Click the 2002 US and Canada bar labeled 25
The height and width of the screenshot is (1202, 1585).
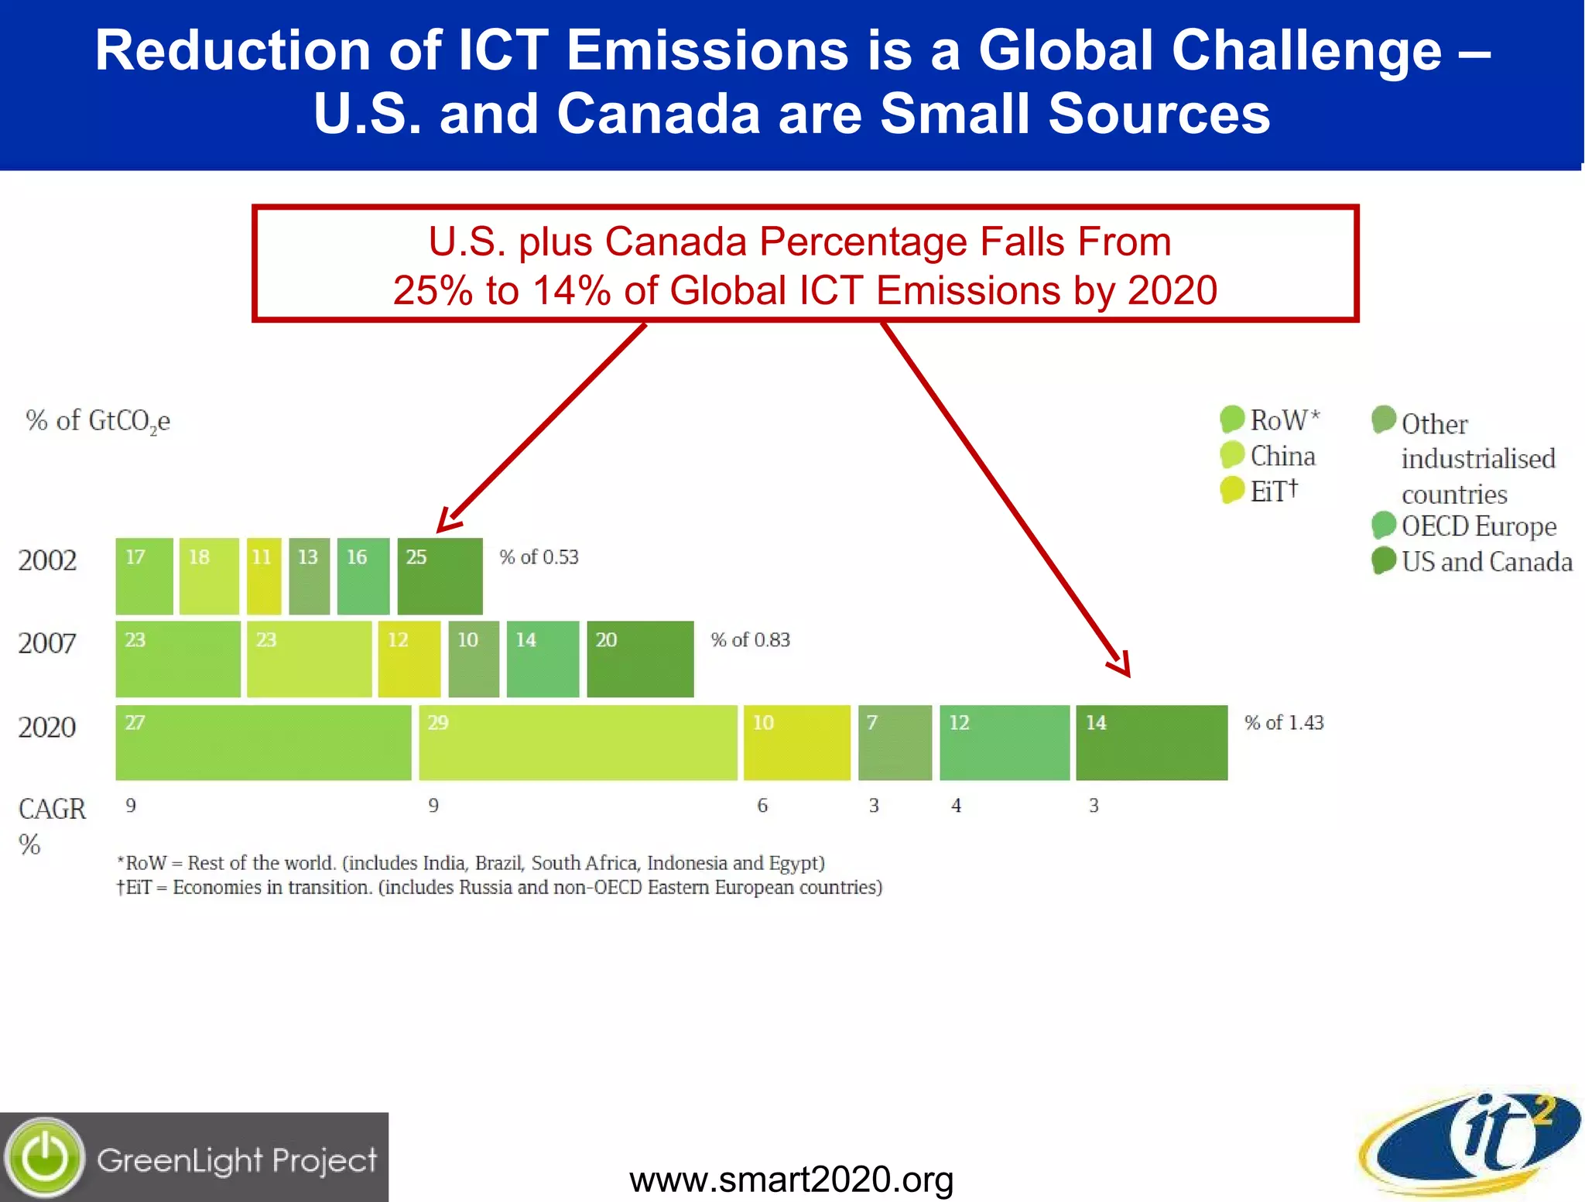click(440, 576)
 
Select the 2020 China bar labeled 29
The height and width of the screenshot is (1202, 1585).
click(577, 742)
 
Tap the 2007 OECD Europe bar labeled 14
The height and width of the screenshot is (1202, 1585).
click(543, 659)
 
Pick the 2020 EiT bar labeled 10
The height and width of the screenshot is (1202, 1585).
click(796, 742)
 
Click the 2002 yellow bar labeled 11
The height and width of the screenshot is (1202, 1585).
click(264, 576)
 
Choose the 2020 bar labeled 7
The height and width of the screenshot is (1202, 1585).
click(895, 742)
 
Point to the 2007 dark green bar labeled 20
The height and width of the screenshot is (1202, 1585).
click(640, 659)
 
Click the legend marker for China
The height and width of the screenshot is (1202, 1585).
click(1231, 455)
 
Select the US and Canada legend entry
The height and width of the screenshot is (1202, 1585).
click(1486, 561)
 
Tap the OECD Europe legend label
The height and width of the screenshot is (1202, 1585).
click(1478, 526)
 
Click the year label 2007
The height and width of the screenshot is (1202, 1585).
click(47, 643)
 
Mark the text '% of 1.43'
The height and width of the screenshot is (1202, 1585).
click(1284, 722)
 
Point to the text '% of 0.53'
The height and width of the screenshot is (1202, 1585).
click(539, 557)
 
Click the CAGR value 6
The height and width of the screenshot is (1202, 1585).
click(762, 806)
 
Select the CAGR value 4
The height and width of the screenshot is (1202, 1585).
click(957, 806)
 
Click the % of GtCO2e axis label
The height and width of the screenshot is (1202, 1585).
click(98, 421)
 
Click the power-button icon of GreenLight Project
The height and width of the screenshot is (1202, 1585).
click(45, 1158)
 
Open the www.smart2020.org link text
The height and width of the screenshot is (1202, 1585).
click(791, 1179)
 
